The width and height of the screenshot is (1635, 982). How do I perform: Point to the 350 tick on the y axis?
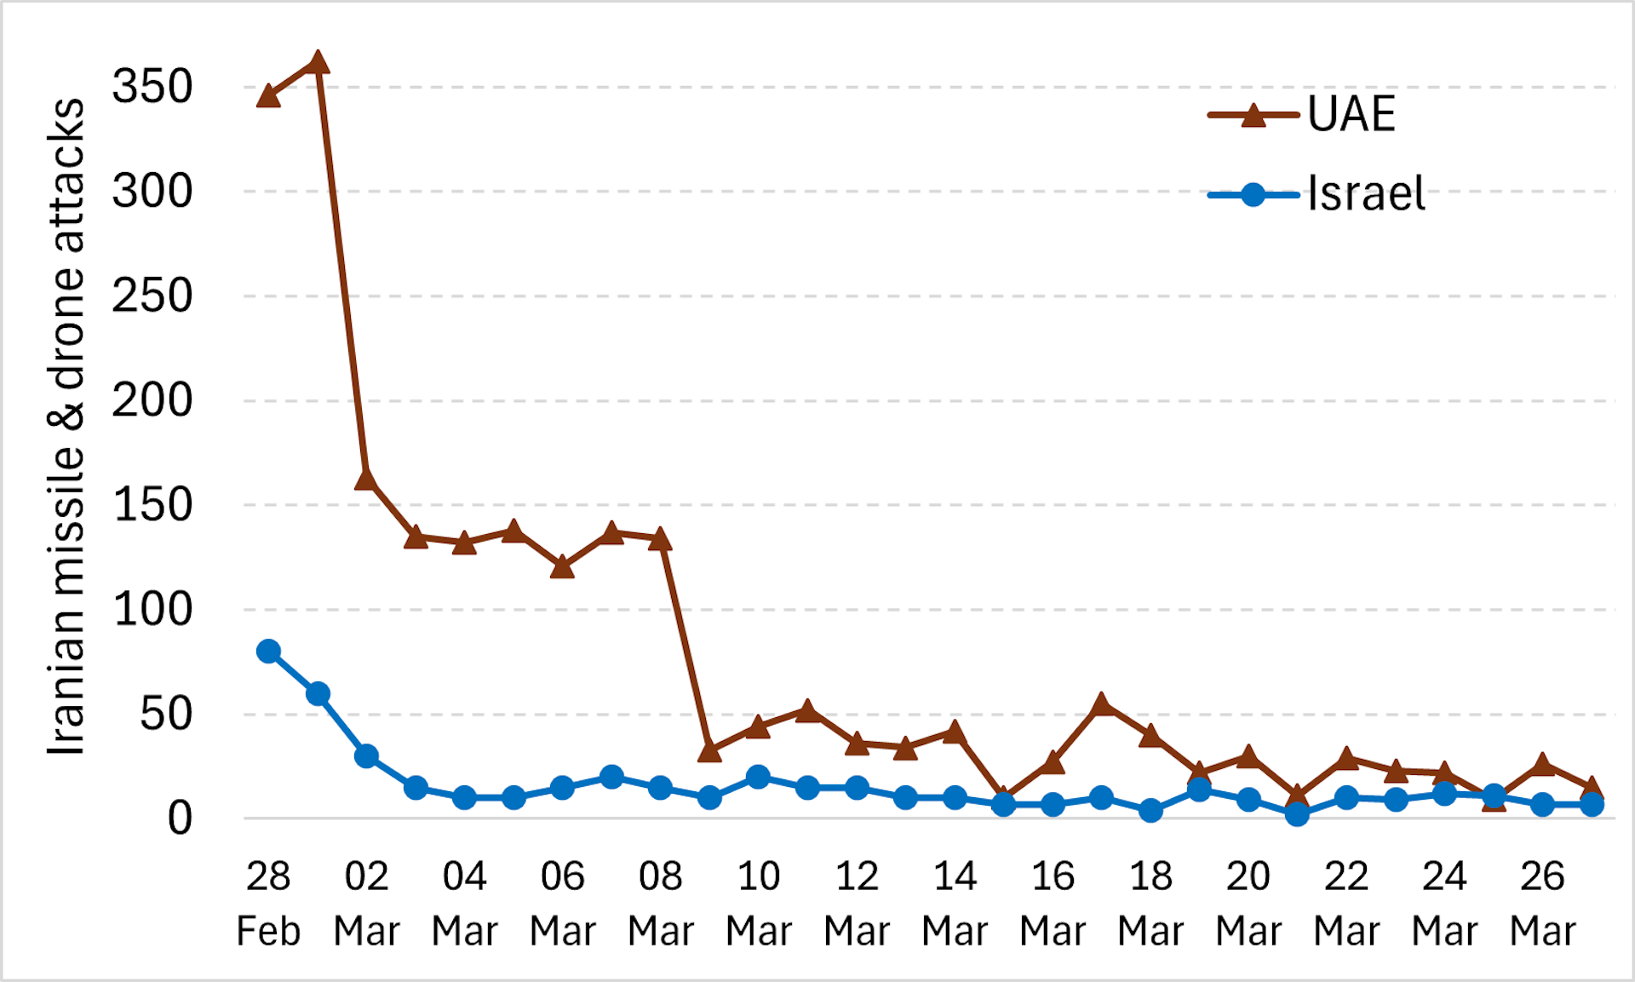pos(152,87)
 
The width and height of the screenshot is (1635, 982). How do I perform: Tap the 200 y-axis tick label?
pos(152,400)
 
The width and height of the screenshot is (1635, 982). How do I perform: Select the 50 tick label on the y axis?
pos(166,714)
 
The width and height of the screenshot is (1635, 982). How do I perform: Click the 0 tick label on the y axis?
pos(180,818)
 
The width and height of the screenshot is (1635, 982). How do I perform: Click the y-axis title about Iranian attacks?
pos(66,426)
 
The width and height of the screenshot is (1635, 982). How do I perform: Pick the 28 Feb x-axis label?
pos(268,903)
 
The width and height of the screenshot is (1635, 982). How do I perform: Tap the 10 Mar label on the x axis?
pos(758,903)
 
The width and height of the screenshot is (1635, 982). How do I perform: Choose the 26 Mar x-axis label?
pos(1542,903)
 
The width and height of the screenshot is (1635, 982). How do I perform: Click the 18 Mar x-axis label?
pos(1150,903)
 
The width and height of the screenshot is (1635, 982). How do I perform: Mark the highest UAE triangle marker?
pos(318,63)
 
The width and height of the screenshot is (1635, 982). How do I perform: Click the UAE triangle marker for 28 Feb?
pos(268,96)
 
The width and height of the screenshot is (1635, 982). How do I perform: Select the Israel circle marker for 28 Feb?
pos(268,652)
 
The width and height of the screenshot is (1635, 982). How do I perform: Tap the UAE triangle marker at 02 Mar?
pos(366,480)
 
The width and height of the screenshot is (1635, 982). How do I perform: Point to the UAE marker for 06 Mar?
pos(562,567)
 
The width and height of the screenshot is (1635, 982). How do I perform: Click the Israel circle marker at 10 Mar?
pos(758,777)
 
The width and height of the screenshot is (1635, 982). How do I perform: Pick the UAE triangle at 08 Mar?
pos(660,540)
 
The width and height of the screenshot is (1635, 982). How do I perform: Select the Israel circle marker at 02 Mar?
pos(366,755)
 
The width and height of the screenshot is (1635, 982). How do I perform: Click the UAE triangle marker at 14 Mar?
pos(955,732)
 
